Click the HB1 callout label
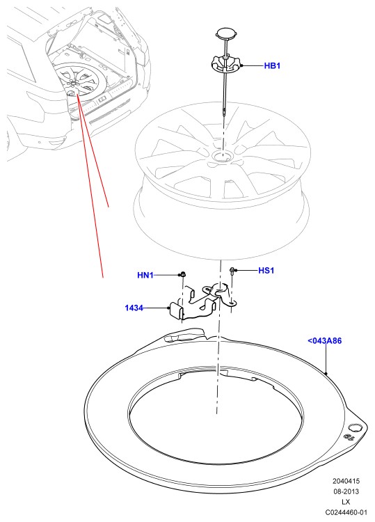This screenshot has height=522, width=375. pos(272,65)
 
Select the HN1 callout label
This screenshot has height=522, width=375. pos(145,276)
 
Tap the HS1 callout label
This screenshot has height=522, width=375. pos(266,270)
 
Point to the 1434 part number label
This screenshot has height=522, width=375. pos(134,308)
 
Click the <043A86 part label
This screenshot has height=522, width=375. pos(325,340)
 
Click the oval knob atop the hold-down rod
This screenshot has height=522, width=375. pos(227,33)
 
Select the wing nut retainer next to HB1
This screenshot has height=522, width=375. pos(227,65)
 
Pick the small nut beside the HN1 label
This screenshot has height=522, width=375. pos(183,274)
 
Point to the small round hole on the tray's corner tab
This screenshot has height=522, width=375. pos(354,428)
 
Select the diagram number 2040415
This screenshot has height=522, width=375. pos(346,481)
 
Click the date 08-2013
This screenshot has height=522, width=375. pos(346,491)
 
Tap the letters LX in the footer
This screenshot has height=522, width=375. pos(346,502)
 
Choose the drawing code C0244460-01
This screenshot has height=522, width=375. pos(346,512)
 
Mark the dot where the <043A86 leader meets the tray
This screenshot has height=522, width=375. pos(326,374)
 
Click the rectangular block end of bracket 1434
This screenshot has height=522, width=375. pos(176,310)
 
